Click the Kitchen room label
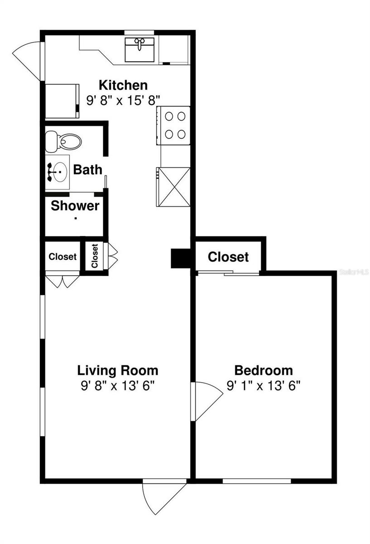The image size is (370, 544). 123,85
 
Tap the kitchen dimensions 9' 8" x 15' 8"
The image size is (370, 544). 123,100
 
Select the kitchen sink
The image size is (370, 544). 139,49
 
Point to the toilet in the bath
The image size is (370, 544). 63,141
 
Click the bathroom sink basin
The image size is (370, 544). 58,172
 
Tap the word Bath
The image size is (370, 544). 87,170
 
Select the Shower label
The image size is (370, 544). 75,206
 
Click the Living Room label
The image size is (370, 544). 118,370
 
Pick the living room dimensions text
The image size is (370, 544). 118,386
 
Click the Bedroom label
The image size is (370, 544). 263,370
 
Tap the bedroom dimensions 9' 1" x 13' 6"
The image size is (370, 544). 264,386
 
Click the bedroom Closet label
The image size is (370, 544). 228,257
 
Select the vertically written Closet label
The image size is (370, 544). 95,256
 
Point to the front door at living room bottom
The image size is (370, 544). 164,496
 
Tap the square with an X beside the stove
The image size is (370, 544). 173,186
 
